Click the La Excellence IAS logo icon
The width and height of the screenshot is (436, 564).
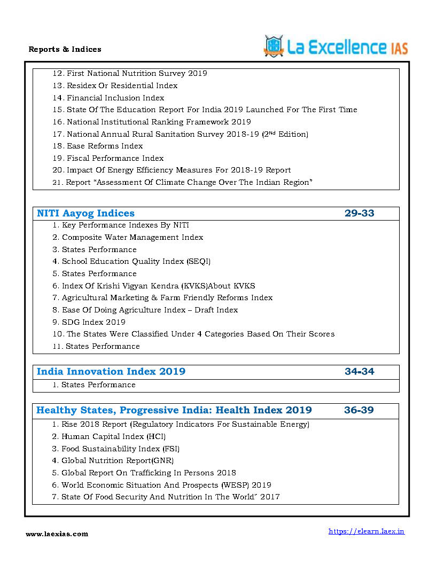[x=274, y=46]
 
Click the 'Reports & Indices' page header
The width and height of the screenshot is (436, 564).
[x=65, y=49]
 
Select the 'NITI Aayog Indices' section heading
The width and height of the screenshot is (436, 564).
[x=85, y=214]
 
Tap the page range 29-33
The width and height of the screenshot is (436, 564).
[x=359, y=214]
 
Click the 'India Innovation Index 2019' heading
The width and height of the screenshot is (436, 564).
[x=111, y=372]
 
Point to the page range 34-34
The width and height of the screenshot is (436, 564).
[x=359, y=372]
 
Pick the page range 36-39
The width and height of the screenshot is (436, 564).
[x=359, y=411]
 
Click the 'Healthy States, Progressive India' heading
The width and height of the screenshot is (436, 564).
[x=174, y=411]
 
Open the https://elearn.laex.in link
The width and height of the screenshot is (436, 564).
[x=366, y=531]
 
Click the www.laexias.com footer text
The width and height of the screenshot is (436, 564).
[x=57, y=534]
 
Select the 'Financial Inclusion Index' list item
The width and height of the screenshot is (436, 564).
[x=115, y=98]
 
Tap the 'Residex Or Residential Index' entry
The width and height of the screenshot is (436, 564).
[x=122, y=85]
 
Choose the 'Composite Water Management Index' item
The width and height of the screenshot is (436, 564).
[x=132, y=237]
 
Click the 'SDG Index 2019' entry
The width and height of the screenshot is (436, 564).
[x=94, y=322]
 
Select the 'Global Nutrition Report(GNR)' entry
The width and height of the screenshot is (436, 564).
[x=118, y=460]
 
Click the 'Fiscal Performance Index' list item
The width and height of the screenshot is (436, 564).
[x=115, y=158]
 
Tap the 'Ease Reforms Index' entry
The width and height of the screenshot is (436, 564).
[x=105, y=146]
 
